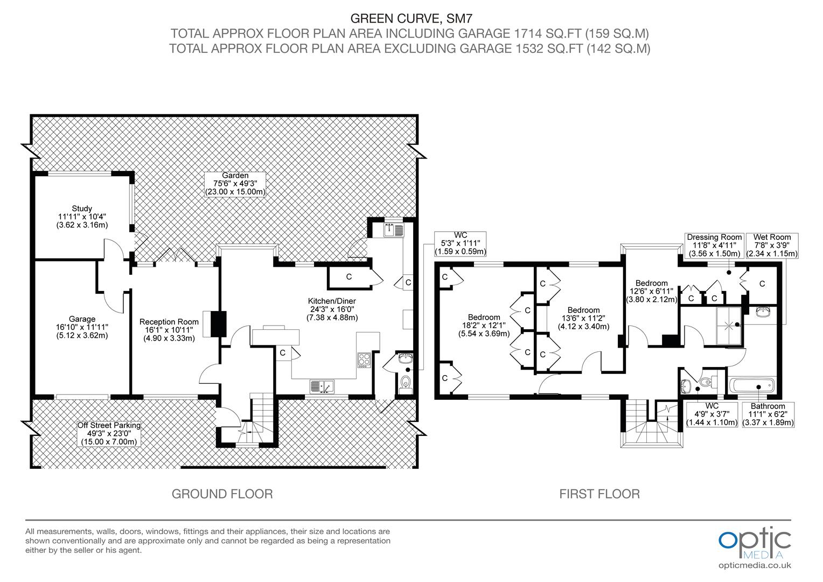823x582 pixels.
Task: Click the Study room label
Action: coord(82,209)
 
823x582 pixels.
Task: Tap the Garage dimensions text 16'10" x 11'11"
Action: coord(82,327)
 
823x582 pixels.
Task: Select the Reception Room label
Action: coord(169,322)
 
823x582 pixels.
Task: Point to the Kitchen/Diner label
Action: coord(332,301)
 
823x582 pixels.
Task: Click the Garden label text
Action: coord(235,175)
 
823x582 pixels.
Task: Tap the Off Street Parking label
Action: coord(109,425)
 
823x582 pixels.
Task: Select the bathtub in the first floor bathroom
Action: coord(751,386)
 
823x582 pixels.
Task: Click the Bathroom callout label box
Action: coord(768,414)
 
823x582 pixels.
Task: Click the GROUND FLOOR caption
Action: coord(222,494)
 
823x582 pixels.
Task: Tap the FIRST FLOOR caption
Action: coord(599,494)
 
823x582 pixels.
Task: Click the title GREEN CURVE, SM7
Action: coord(409,19)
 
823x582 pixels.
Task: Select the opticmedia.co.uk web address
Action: coord(755,565)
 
